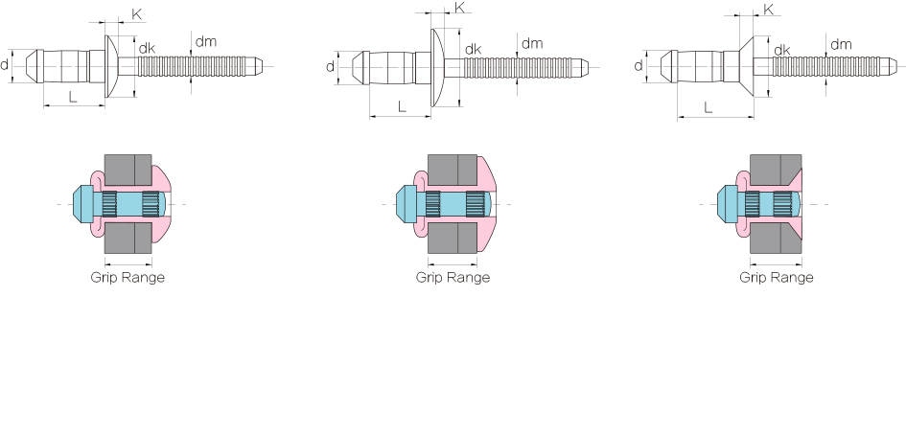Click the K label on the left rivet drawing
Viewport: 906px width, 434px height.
point(137,14)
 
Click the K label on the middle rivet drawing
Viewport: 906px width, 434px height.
point(460,8)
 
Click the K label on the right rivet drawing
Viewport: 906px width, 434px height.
point(769,10)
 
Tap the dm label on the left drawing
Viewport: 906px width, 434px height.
point(206,41)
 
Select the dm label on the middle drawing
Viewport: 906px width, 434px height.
point(532,43)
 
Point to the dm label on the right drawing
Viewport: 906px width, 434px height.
point(841,44)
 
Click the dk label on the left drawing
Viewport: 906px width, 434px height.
point(147,49)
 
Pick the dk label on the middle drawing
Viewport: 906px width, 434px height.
point(474,50)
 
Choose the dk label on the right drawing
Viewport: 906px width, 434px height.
point(781,51)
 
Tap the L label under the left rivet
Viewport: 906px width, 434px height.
point(73,97)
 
